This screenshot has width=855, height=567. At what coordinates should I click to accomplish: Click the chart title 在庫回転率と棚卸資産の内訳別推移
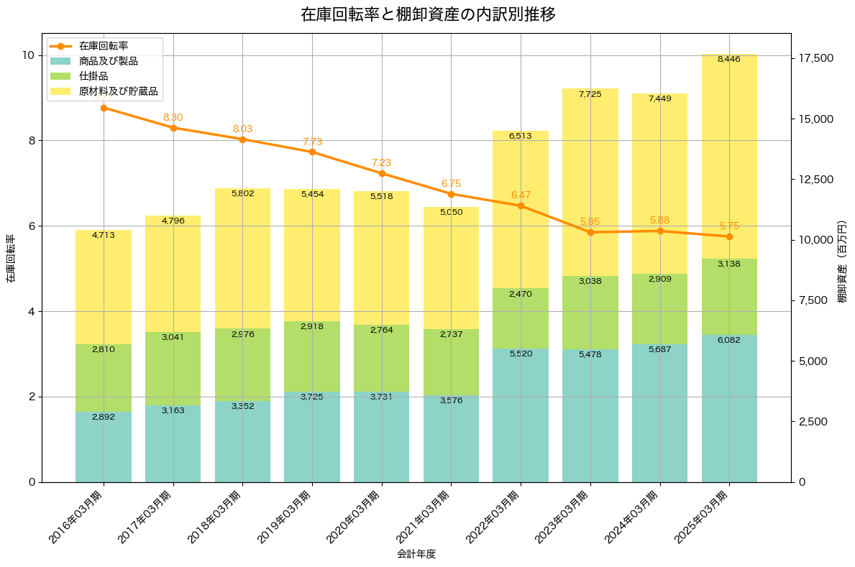[428, 14]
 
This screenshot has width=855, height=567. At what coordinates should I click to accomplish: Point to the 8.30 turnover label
[173, 117]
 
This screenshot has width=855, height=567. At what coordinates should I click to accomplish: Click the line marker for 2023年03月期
[590, 232]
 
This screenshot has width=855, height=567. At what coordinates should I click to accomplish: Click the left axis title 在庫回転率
[11, 258]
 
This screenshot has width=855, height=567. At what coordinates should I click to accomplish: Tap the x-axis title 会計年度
[416, 554]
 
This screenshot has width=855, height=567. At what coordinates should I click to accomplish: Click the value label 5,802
[242, 193]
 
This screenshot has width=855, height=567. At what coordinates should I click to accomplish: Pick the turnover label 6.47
[521, 195]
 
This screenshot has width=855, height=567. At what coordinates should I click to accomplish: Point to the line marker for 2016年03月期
[104, 108]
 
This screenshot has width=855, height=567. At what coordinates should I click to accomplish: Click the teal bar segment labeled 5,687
[659, 413]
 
